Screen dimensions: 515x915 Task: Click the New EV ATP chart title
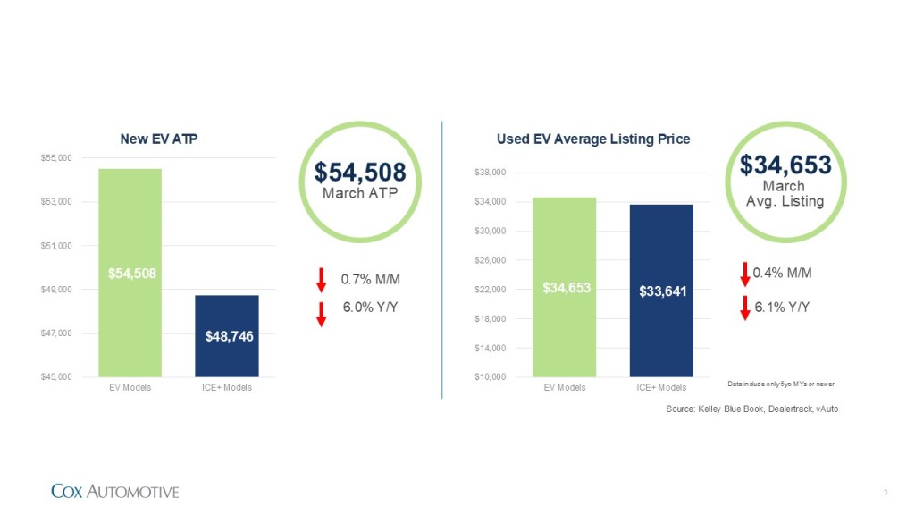tap(158, 139)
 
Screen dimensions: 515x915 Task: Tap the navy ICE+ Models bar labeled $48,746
tap(226, 335)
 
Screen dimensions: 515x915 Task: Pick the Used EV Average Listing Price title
tap(592, 139)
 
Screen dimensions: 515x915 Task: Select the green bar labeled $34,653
tap(564, 287)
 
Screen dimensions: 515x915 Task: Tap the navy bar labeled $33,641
tap(661, 291)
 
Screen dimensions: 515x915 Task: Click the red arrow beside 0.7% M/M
tap(322, 280)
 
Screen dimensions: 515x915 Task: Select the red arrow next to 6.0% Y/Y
tap(322, 314)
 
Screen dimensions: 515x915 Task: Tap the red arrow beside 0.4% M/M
tap(745, 274)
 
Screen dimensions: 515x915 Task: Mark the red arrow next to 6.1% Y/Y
tap(745, 308)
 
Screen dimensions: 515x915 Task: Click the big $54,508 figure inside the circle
tap(360, 173)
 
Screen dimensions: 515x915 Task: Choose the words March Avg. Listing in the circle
tap(785, 194)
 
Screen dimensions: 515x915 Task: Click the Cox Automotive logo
tap(114, 491)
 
